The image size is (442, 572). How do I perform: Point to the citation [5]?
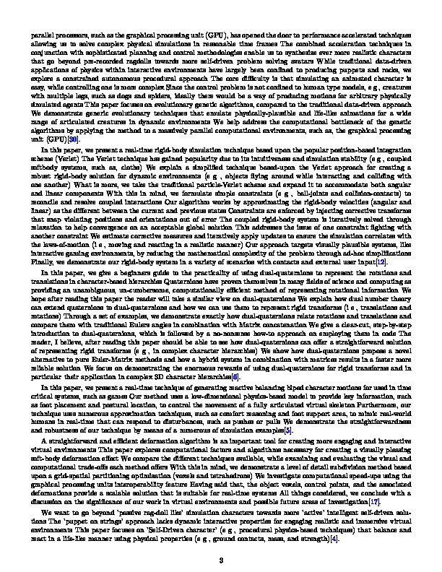coord(269,430)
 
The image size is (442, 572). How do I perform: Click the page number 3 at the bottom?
coord(221,559)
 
